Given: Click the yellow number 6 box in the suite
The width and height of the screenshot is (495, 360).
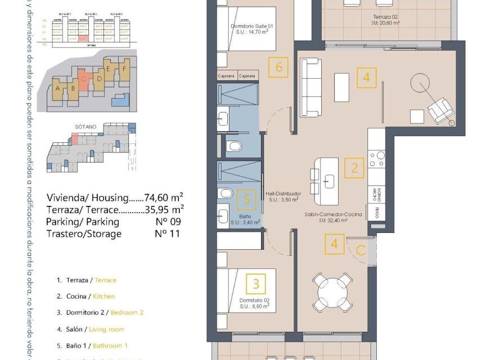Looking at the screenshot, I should tap(278, 68).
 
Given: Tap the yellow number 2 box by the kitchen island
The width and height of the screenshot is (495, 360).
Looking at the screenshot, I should tap(354, 168).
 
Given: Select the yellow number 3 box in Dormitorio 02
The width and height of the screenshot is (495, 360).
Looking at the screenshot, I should tap(256, 284).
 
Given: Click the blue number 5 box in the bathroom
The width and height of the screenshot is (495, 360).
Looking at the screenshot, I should tap(246, 199).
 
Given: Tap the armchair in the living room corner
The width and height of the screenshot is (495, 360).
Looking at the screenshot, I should tap(442, 110).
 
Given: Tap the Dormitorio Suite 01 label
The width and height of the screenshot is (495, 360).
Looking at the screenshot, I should tap(252, 26).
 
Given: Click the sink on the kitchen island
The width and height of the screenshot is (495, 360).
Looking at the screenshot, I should tap(330, 182).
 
